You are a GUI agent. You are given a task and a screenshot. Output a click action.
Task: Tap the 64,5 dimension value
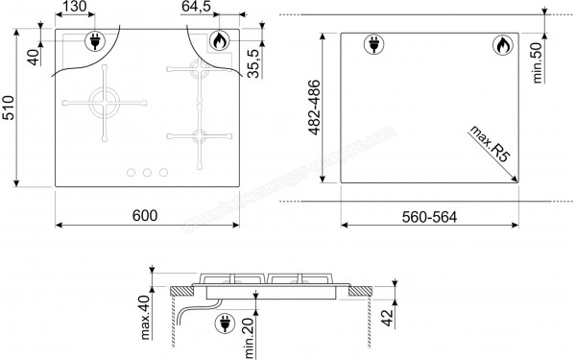199,9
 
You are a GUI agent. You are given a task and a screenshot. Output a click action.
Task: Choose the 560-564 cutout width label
428,216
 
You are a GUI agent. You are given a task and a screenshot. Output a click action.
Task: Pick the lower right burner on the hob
199,134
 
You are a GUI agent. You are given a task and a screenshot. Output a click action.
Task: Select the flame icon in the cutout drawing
502,43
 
